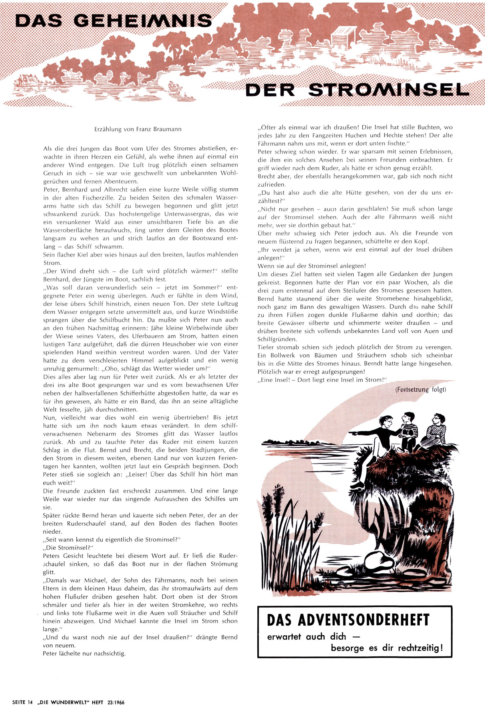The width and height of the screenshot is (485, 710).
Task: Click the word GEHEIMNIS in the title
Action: tap(143, 21)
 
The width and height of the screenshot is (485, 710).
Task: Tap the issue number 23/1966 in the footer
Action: tap(114, 702)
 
